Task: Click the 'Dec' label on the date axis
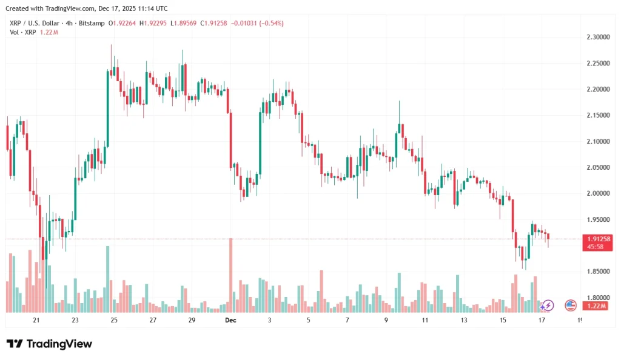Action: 230,320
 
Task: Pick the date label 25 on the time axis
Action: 114,320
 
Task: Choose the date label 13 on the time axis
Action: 464,320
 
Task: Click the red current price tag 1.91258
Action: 597,239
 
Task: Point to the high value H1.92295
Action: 155,23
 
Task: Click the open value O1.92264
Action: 123,23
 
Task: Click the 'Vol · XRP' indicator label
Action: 22,32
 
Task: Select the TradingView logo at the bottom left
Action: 50,344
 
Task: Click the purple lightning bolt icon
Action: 548,305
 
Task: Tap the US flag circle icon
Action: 571,305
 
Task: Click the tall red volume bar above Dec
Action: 231,275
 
